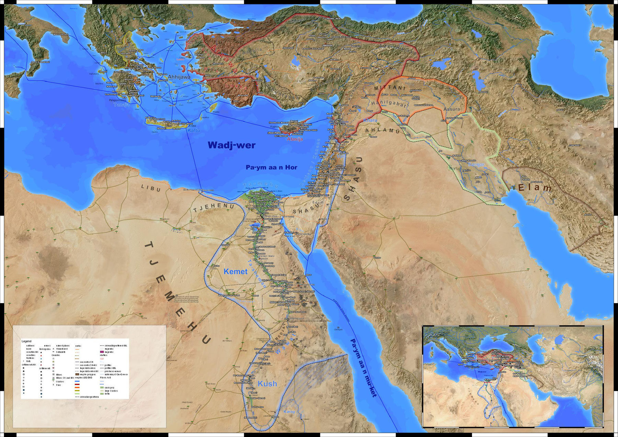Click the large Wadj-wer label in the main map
(x=231, y=145)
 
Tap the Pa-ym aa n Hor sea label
(x=271, y=168)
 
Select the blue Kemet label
(x=236, y=272)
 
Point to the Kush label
(x=267, y=383)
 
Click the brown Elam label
(x=535, y=188)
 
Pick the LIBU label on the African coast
(x=151, y=188)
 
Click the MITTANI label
(x=390, y=88)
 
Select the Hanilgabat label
(x=388, y=103)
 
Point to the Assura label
(x=451, y=109)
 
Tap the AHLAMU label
(x=382, y=130)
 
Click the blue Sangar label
(x=476, y=164)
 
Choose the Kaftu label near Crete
(x=194, y=130)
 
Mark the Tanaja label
(x=122, y=105)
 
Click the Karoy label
(x=289, y=411)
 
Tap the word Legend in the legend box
(x=26, y=341)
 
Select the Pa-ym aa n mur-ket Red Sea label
(x=363, y=367)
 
